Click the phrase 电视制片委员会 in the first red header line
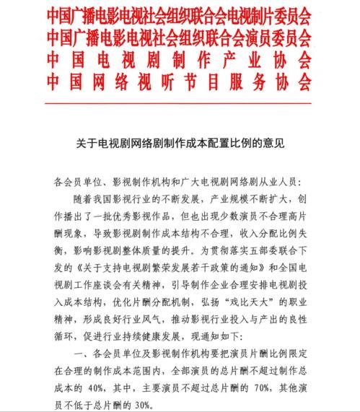click(267, 14)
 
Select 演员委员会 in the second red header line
click(278, 35)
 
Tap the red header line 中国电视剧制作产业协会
click(180, 56)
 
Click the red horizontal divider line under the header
click(180, 95)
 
